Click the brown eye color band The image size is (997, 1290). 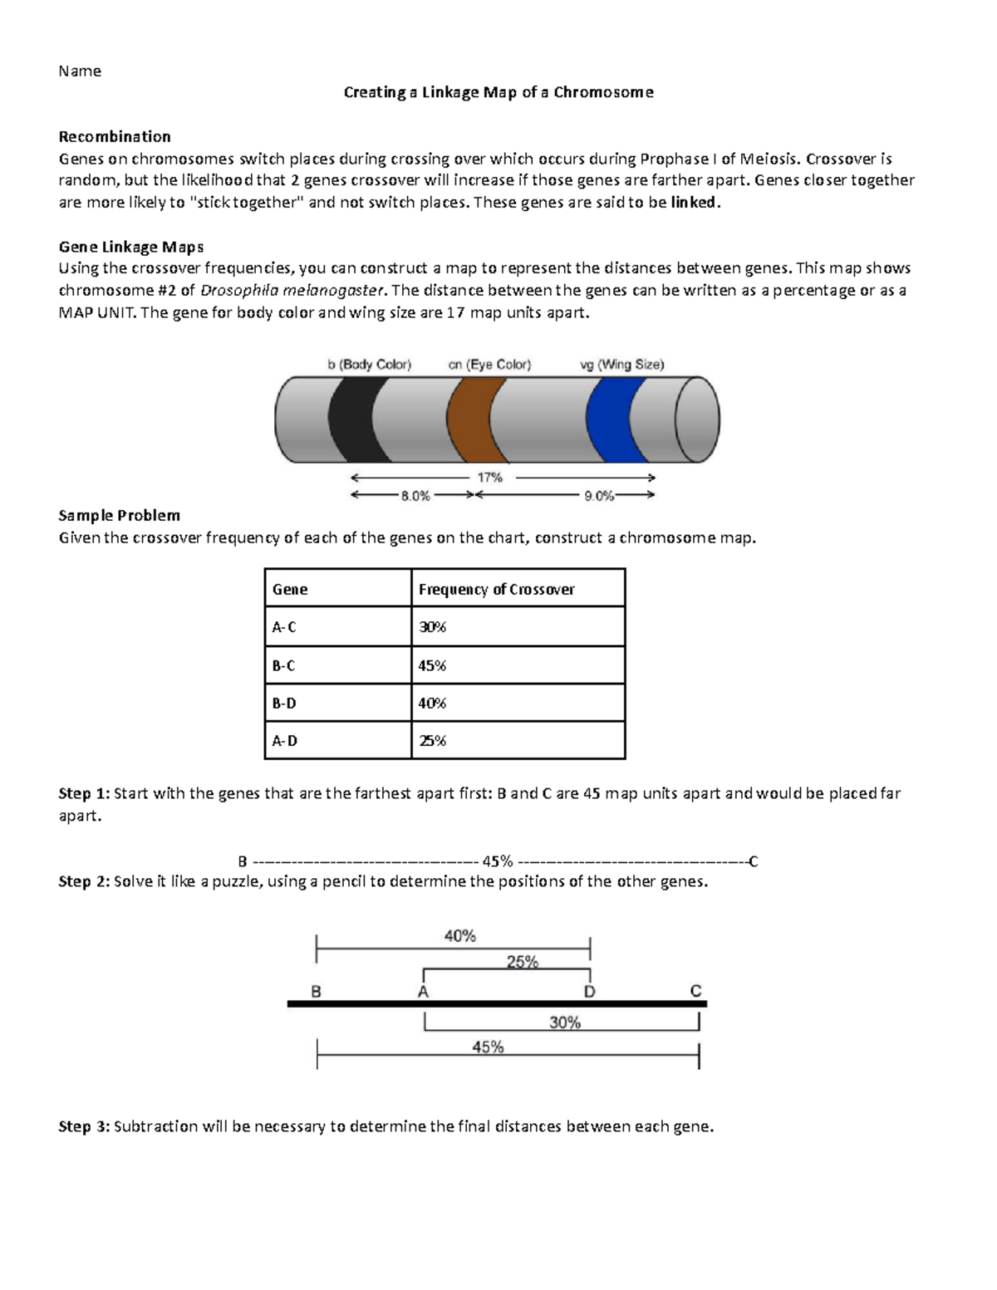coord(469,419)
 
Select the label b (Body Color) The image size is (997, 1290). coord(369,365)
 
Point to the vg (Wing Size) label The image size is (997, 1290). coord(621,365)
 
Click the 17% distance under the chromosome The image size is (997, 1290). coord(490,478)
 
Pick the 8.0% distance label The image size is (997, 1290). coord(415,496)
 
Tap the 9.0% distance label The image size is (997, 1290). coord(599,496)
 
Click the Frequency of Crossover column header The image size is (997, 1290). coord(496,589)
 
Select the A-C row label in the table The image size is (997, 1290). coord(283,627)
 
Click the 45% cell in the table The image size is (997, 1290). coord(432,665)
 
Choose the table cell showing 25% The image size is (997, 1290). coord(432,741)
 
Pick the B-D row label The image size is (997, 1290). coord(283,703)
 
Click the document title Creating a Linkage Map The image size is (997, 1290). coord(498,92)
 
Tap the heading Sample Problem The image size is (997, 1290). coord(119,515)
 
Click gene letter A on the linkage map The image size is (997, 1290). coord(423,992)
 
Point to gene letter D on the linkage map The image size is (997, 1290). coord(589,992)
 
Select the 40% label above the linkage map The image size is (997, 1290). coord(459,936)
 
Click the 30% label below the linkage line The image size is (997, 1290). coord(565,1023)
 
